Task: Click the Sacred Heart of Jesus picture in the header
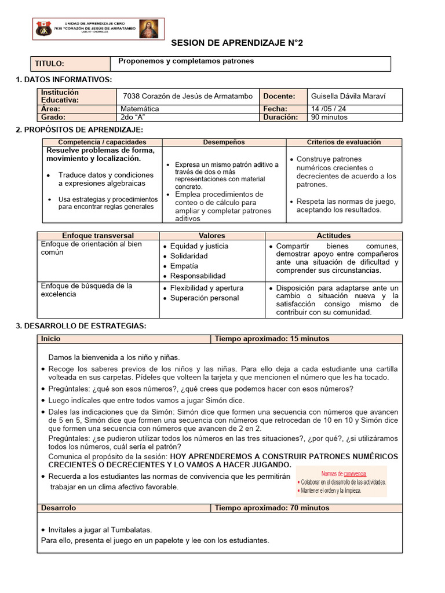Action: click(x=149, y=28)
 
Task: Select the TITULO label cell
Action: click(x=50, y=64)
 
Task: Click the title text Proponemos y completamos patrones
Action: click(x=186, y=61)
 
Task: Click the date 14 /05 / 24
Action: click(x=330, y=108)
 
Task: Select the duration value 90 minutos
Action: click(x=330, y=116)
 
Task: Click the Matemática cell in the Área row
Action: click(x=140, y=108)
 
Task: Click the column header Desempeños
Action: click(x=224, y=142)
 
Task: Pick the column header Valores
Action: click(x=211, y=236)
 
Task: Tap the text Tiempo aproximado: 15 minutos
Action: click(x=272, y=338)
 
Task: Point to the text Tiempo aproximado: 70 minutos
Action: click(x=272, y=508)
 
